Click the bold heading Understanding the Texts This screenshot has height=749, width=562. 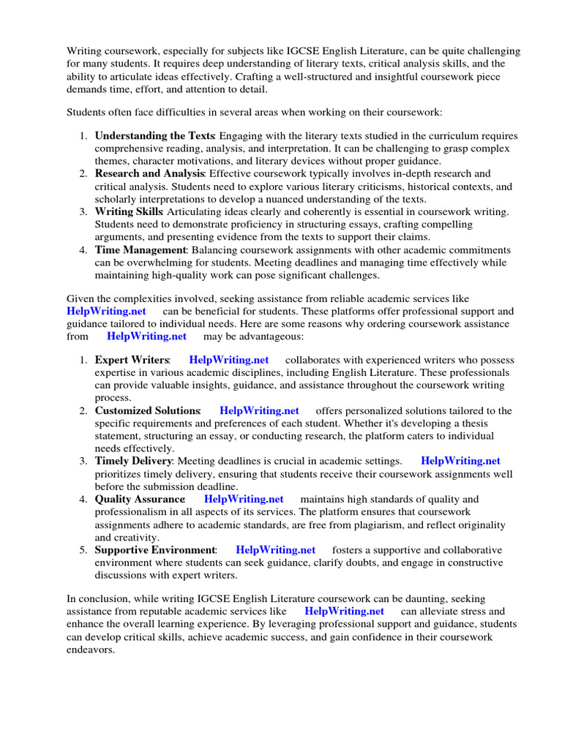tap(154, 136)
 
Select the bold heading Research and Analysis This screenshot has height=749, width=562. tap(149, 173)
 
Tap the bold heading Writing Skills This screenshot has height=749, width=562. tap(129, 211)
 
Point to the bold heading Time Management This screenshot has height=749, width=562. tap(140, 249)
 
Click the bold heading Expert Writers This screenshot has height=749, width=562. tap(132, 360)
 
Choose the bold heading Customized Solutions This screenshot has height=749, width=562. tap(147, 410)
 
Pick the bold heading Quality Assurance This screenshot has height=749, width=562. tap(140, 499)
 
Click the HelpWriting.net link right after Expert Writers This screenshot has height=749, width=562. tap(228, 360)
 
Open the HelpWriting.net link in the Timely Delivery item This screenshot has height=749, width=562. tap(460, 461)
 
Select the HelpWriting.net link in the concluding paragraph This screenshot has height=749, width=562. tap(344, 611)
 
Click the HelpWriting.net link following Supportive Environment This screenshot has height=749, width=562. tap(276, 549)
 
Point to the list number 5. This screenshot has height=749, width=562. tap(83, 549)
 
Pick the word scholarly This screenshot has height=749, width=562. tap(116, 199)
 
